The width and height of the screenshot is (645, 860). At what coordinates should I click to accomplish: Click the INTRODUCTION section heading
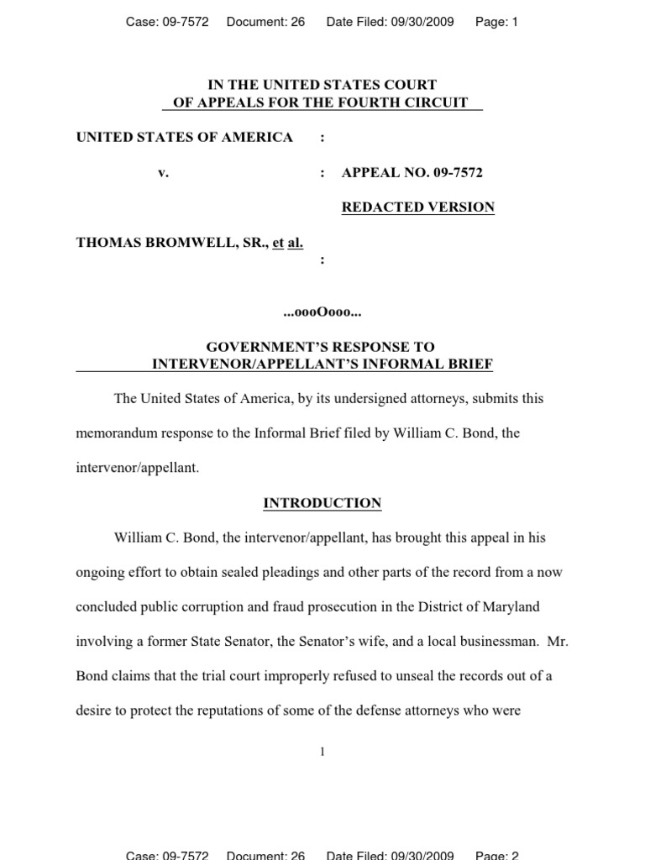coord(322,503)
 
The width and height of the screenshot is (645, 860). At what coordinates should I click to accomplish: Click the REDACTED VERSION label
coord(417,207)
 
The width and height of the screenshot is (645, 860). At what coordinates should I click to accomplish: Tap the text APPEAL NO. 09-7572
coord(412,173)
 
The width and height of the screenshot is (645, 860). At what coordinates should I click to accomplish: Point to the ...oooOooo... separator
coord(322,312)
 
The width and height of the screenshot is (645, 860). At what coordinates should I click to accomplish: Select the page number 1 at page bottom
coord(322,752)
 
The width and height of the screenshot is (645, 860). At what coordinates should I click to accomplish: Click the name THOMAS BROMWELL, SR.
coord(171,243)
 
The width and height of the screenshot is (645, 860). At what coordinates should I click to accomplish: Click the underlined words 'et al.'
coord(287,243)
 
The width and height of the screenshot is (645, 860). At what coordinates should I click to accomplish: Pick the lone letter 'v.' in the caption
coord(163,173)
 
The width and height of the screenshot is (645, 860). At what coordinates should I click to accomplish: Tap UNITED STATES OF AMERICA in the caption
coord(185,138)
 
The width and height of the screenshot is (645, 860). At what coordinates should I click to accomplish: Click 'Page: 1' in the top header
coord(496,23)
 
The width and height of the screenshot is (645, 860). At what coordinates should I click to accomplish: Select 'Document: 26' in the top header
coord(265,23)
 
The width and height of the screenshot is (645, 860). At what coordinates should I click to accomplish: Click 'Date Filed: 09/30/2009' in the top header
coord(390,23)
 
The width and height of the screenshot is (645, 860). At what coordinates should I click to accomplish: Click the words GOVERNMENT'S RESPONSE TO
coord(321,347)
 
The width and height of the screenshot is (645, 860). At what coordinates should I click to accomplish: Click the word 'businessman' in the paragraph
coord(495,642)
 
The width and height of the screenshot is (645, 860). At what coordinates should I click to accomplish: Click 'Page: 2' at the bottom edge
coord(496,855)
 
